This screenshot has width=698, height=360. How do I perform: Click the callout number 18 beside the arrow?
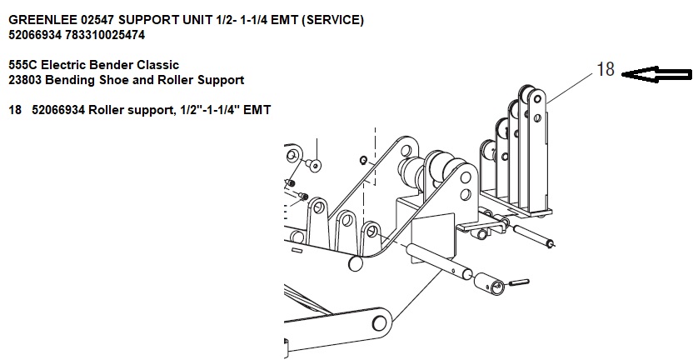606,70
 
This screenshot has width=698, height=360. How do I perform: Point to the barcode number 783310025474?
114,35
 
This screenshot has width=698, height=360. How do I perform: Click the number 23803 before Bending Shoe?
27,80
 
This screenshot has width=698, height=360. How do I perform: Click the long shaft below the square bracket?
437,260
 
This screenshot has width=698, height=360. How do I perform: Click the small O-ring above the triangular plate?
362,158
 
